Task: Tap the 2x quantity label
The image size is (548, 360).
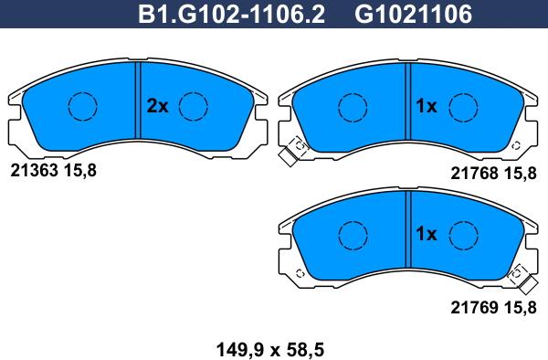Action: [x=158, y=106]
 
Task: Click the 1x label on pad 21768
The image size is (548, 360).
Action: [x=427, y=106]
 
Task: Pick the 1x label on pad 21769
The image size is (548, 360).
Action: [x=427, y=234]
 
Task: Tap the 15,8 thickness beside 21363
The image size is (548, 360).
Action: [x=79, y=170]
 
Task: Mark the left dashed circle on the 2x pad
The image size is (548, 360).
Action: [x=83, y=107]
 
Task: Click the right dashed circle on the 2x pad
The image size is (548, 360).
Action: [x=193, y=107]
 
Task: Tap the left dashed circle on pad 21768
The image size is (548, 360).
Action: [x=352, y=107]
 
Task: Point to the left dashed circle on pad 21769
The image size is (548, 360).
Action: [x=352, y=235]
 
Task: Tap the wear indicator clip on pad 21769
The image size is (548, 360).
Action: [x=518, y=276]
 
